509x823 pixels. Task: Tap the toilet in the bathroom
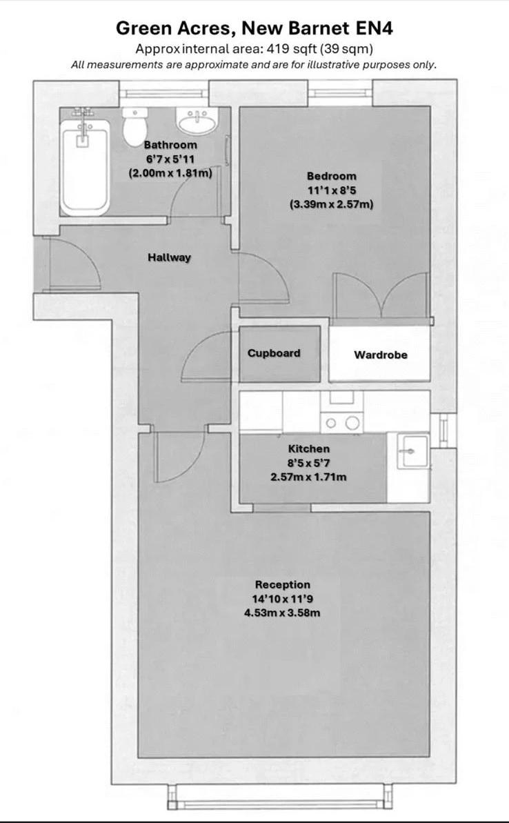pos(134,127)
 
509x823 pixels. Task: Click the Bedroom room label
pos(332,176)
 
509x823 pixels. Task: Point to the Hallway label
pos(169,257)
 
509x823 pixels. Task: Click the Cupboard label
pos(274,353)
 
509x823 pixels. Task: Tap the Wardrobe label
pos(380,355)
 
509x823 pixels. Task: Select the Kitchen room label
pos(308,448)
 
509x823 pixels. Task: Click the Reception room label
pos(282,584)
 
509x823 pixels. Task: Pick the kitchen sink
pos(409,450)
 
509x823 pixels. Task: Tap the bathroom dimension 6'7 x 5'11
pos(170,159)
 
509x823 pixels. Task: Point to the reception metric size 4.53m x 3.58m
pos(282,613)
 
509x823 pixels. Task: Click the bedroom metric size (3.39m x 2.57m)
pos(332,204)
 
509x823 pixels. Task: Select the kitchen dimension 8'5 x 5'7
pos(308,462)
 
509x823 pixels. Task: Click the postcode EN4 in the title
pos(373,28)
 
